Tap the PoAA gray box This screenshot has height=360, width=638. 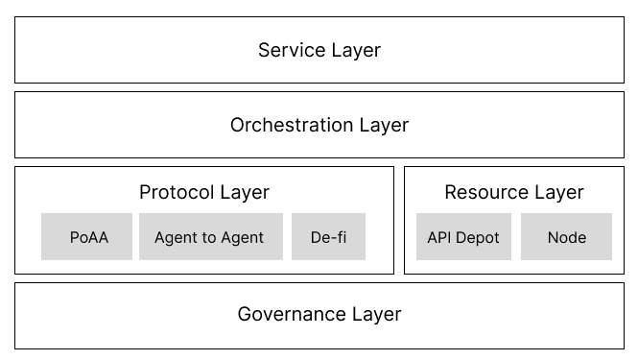[88, 237]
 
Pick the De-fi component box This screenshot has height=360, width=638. [328, 237]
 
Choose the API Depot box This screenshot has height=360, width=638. [463, 237]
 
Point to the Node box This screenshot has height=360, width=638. [566, 237]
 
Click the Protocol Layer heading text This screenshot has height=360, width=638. [204, 192]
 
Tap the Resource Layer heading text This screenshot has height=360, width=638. [514, 192]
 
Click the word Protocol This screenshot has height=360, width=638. [176, 192]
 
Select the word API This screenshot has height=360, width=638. [440, 237]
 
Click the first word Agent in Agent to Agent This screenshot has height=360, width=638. [176, 237]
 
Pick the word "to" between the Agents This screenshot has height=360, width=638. [210, 237]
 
